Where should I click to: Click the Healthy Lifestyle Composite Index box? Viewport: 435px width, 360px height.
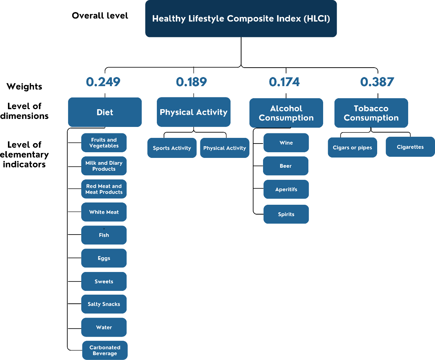pos(241,19)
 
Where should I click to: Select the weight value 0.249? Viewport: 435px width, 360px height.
pos(103,82)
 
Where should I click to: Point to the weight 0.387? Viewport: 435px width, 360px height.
pos(377,82)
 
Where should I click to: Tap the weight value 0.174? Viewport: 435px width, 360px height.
pos(284,82)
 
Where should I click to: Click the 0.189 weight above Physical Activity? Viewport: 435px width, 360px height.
pos(191,82)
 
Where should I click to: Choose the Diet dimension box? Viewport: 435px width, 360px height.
pos(105,112)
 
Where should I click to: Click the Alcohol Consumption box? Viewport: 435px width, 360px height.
pos(286,113)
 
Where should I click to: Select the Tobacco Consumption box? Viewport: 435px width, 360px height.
pos(371,113)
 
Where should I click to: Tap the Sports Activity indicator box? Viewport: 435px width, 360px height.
pos(172,148)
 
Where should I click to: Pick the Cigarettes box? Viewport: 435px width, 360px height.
pos(410,147)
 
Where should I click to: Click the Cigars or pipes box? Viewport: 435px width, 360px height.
pos(352,148)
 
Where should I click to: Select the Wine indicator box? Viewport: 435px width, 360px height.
pos(286,142)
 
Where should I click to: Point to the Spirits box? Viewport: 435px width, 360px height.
pos(286,214)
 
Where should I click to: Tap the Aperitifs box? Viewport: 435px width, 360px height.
pos(286,189)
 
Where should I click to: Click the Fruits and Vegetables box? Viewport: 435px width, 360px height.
pos(104,142)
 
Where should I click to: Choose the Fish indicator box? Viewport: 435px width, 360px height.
pos(104,235)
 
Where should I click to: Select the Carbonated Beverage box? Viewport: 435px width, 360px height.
pos(105,350)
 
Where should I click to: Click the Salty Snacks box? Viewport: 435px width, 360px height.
pos(104,304)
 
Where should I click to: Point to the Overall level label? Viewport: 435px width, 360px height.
pos(100,15)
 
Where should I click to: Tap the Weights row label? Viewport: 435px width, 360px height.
pos(25,87)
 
